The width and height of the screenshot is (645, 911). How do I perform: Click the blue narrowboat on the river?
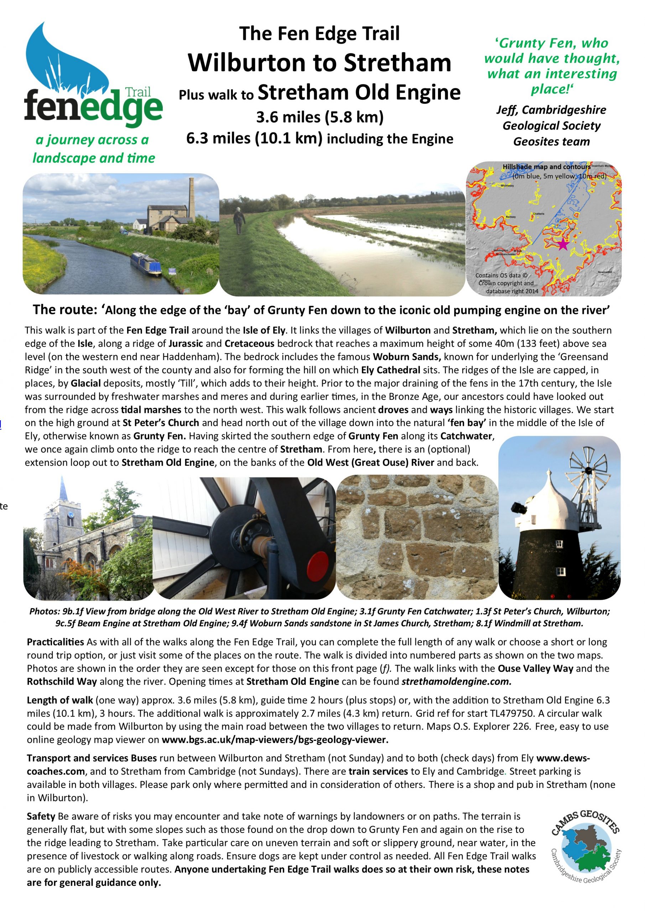coord(146,263)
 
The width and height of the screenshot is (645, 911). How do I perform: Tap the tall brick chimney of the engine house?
coord(192,198)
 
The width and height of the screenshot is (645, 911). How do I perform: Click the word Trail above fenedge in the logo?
coord(138,93)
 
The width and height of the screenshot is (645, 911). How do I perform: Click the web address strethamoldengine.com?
coord(456,681)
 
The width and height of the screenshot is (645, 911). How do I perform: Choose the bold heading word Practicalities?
coord(55,642)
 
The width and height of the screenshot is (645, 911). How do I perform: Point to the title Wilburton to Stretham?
coord(319,63)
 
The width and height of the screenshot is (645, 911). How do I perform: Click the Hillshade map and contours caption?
coord(546,167)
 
